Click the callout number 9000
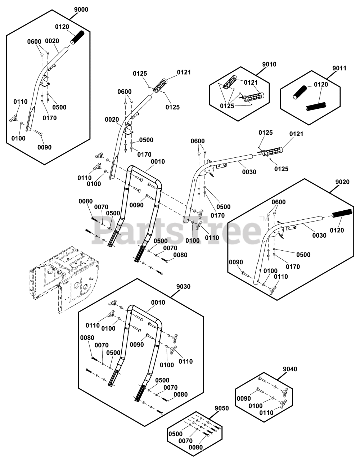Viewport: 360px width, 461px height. point(81,10)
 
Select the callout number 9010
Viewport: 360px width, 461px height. point(269,64)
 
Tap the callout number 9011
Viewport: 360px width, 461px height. point(339,68)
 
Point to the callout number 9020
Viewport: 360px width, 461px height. point(342,182)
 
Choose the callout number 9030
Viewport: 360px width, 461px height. point(183,287)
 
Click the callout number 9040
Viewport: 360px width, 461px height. point(290,369)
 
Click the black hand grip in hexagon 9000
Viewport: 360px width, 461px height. point(77,38)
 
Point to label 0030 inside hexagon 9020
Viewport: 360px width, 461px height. point(319,236)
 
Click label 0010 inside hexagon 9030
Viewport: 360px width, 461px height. point(158,303)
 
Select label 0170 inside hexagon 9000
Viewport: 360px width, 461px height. point(50,118)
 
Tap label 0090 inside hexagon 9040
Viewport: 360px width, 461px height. point(244,399)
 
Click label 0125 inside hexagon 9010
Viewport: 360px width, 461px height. point(227,106)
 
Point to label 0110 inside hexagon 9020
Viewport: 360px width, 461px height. point(281,277)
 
